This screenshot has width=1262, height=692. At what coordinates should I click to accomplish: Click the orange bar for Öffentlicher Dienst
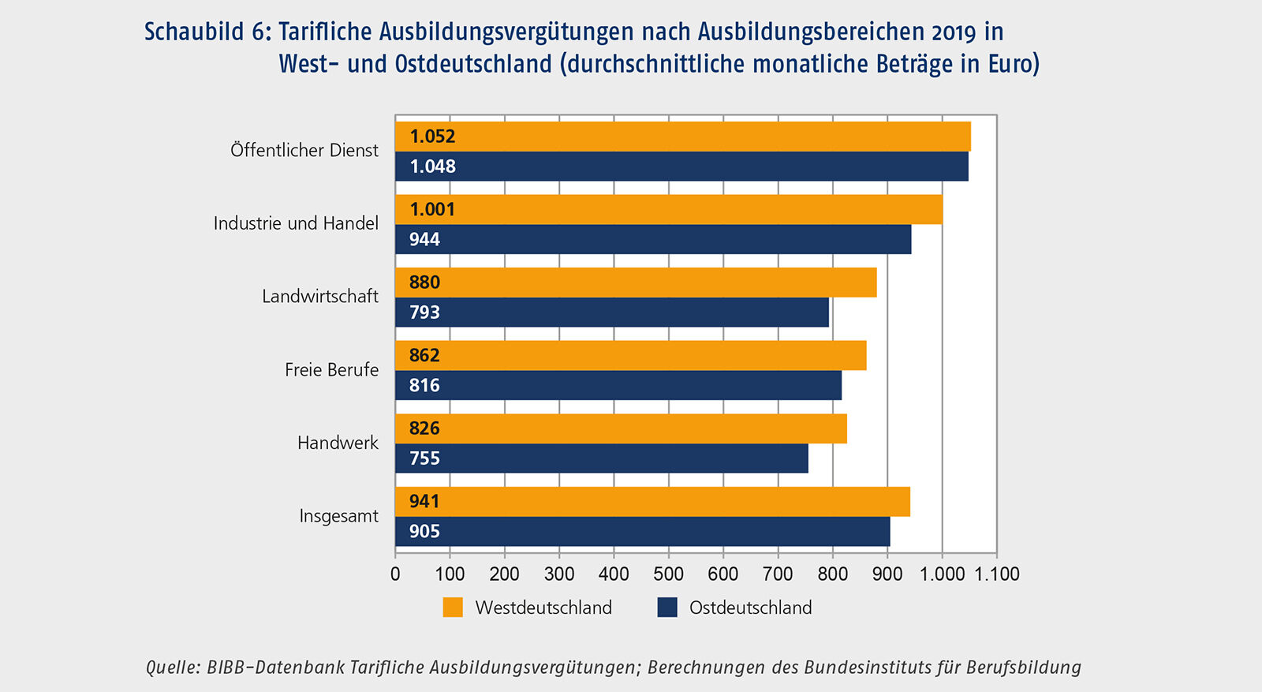tap(682, 137)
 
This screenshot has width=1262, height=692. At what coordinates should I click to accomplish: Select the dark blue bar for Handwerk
tap(601, 458)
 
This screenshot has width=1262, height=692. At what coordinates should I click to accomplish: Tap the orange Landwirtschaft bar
tap(636, 282)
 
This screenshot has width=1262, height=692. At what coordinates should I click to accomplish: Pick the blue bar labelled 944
tap(653, 240)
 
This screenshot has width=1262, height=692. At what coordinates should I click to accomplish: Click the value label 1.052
tap(432, 137)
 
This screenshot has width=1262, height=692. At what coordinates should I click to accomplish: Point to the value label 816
tap(424, 386)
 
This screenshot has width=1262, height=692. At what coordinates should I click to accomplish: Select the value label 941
tap(424, 502)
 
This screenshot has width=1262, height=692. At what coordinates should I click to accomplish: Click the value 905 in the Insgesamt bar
tap(424, 532)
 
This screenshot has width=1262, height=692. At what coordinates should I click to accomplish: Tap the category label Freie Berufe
tap(331, 370)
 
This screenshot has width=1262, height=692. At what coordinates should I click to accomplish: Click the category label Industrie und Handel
tap(296, 223)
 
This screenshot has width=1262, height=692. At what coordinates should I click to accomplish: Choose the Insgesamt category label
tap(338, 516)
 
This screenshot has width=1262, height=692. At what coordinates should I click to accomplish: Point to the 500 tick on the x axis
tap(669, 574)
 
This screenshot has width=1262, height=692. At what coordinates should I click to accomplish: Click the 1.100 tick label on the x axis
tap(997, 574)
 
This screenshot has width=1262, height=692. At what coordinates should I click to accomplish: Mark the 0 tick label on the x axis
tap(395, 574)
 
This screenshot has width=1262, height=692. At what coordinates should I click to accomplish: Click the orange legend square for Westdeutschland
tap(453, 608)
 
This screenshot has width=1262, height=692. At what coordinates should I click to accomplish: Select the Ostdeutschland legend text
tap(750, 608)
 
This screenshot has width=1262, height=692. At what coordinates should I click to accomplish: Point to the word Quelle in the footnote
tap(173, 668)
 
